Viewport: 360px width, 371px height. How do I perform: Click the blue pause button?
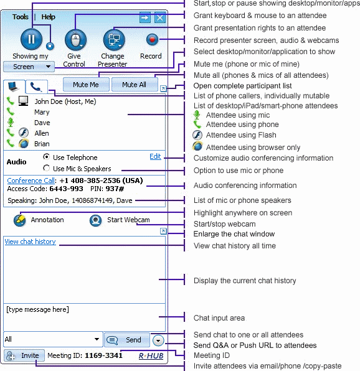pyautogui.click(x=32, y=39)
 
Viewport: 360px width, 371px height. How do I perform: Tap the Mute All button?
pyautogui.click(x=135, y=85)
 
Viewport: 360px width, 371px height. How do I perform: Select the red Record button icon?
pyautogui.click(x=152, y=39)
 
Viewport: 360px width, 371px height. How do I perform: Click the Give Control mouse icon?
pyautogui.click(x=75, y=40)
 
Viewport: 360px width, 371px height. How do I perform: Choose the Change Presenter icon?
pyautogui.click(x=114, y=40)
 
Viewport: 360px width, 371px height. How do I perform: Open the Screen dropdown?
pyautogui.click(x=29, y=67)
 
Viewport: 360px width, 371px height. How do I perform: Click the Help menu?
pyautogui.click(x=49, y=17)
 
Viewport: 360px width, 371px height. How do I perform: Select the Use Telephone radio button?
pyautogui.click(x=46, y=157)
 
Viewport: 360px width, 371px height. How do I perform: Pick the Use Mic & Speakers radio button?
pyautogui.click(x=46, y=168)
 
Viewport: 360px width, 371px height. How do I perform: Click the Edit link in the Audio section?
pyautogui.click(x=155, y=156)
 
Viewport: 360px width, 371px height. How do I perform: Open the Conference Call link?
pyautogui.click(x=31, y=181)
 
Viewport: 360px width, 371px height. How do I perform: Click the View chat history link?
pyautogui.click(x=31, y=242)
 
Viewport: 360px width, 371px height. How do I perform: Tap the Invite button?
pyautogui.click(x=24, y=355)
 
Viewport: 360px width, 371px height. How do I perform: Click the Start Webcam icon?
pyautogui.click(x=96, y=220)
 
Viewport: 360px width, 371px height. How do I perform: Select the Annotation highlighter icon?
pyautogui.click(x=20, y=220)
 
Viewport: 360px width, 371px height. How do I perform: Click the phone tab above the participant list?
pyautogui.click(x=37, y=87)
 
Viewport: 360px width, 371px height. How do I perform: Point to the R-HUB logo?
pyautogui.click(x=151, y=356)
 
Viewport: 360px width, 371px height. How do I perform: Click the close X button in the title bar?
pyautogui.click(x=160, y=18)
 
